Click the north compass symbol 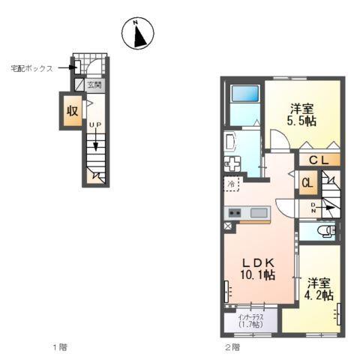point(138,33)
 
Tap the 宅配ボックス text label point(31,68)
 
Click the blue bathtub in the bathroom point(245,94)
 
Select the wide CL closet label point(319,159)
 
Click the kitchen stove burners point(233,213)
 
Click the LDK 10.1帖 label point(256,268)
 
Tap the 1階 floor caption point(61,346)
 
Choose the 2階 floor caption point(232,346)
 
